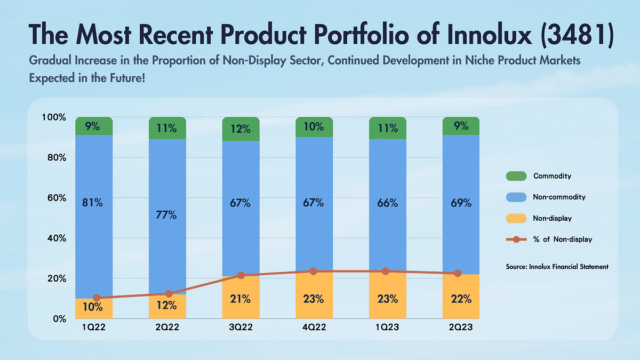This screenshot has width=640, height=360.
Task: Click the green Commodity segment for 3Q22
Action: tap(241, 129)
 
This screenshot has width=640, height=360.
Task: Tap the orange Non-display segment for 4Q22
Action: tap(314, 299)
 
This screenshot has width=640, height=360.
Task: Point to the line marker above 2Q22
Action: tap(169, 294)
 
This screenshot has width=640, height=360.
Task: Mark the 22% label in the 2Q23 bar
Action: tap(461, 299)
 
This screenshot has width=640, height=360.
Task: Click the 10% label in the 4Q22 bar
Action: tap(314, 126)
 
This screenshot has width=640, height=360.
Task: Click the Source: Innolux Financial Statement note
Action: tap(557, 266)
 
